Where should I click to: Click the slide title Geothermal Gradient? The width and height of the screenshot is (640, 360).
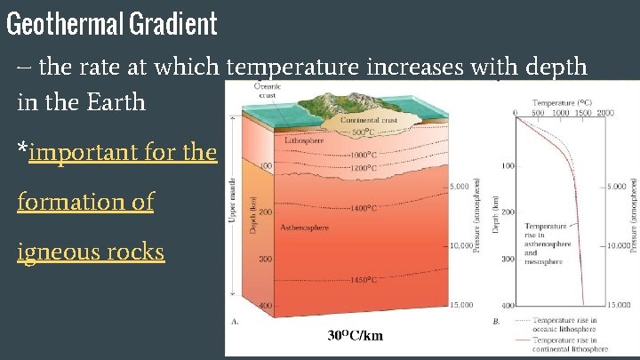[x=111, y=24]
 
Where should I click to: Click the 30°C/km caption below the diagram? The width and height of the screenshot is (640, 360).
[x=356, y=335]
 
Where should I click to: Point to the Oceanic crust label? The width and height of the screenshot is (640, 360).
[x=268, y=91]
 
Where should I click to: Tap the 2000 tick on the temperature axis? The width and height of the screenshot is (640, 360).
[x=605, y=113]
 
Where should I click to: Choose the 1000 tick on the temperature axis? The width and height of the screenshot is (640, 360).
[x=561, y=113]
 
